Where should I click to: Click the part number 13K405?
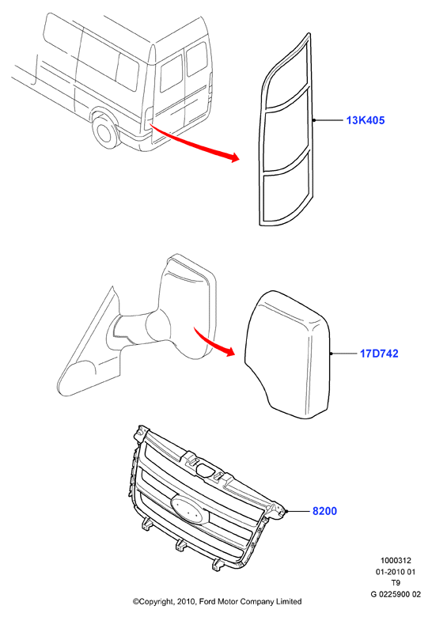click(x=365, y=120)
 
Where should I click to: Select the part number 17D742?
click(x=379, y=354)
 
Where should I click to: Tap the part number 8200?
click(x=324, y=511)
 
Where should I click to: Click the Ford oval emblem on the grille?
click(x=191, y=509)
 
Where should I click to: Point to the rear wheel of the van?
click(x=105, y=132)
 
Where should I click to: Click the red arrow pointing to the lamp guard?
click(x=195, y=144)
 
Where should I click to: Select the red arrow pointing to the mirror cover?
click(x=214, y=342)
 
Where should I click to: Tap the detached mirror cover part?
click(x=288, y=354)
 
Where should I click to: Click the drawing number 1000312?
click(x=396, y=560)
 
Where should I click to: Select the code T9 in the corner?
click(x=396, y=583)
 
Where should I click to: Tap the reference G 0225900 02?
click(x=396, y=594)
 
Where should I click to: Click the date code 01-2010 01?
click(x=396, y=572)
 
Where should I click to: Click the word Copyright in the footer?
click(x=151, y=602)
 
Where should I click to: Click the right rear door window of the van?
click(x=196, y=59)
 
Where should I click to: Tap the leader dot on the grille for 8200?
click(x=288, y=511)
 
